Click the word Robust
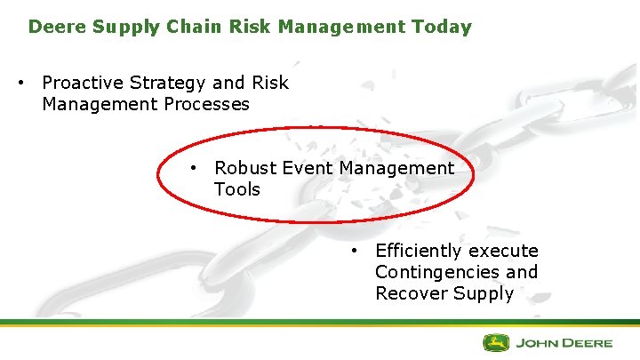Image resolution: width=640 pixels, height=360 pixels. (244, 168)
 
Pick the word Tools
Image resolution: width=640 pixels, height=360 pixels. (236, 189)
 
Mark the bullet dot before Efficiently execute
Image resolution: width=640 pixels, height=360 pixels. (354, 252)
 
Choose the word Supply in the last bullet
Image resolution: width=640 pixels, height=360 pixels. (483, 293)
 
